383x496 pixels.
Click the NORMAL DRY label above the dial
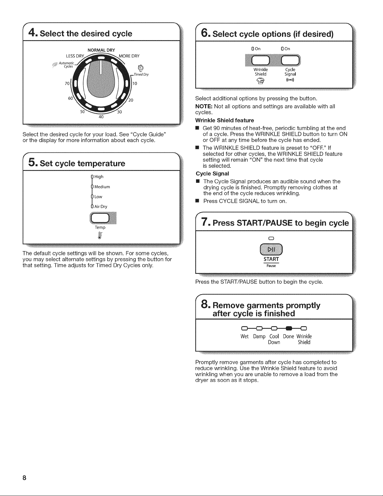(x=101, y=50)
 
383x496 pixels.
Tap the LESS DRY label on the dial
(x=75, y=56)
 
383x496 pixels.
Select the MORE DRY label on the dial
(x=129, y=56)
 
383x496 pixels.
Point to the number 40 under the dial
(x=101, y=117)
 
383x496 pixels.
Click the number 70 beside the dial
(x=67, y=84)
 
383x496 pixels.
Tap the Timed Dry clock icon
(x=141, y=68)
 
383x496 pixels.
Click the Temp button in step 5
(x=100, y=218)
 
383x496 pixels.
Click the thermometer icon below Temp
(x=100, y=235)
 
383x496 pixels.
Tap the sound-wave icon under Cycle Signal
(x=290, y=80)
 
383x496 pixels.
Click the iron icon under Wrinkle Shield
(x=260, y=80)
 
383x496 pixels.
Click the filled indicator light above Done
(x=289, y=329)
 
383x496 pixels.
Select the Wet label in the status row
(x=244, y=336)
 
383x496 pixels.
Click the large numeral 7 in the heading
(x=204, y=222)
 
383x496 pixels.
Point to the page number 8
(x=24, y=478)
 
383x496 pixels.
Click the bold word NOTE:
(x=204, y=106)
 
